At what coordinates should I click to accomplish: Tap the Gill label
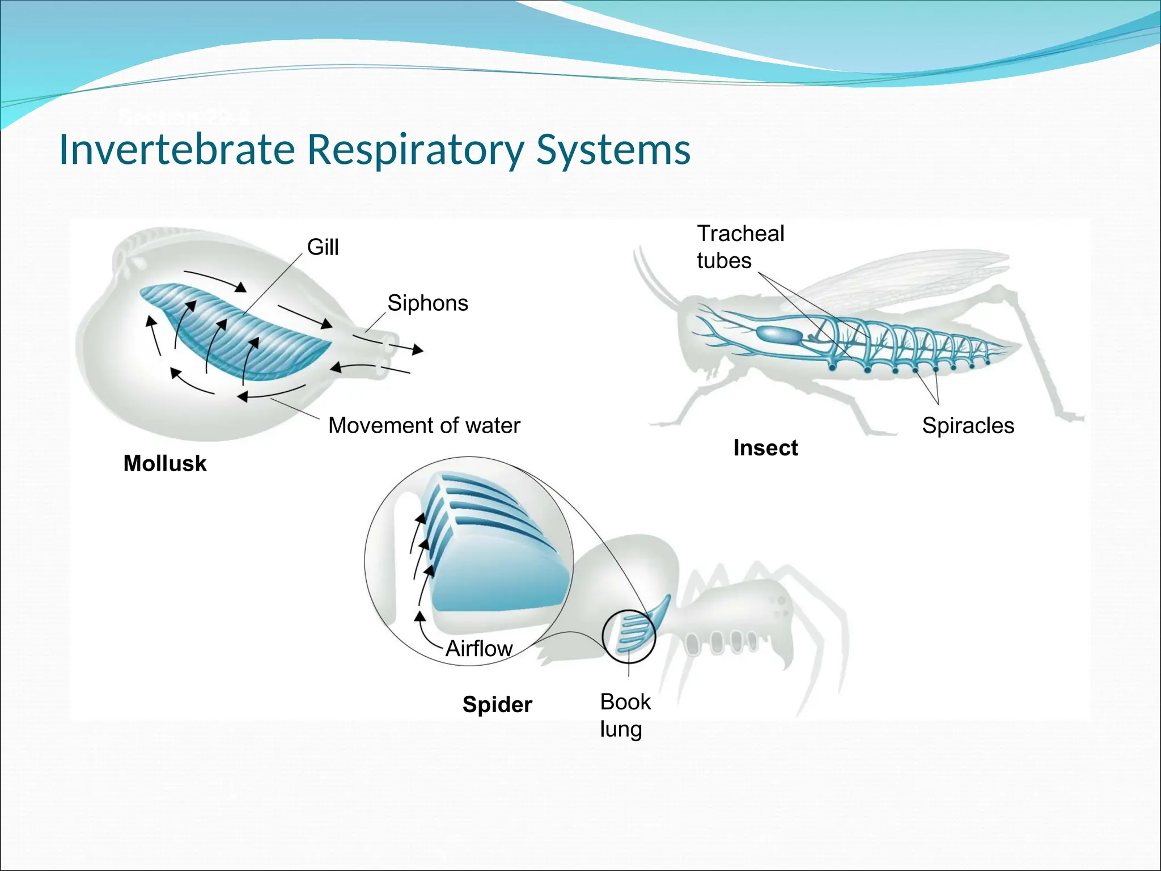[323, 247]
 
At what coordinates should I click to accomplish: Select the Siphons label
[427, 303]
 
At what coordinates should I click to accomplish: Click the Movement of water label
[424, 425]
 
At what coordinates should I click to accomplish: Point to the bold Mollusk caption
[165, 463]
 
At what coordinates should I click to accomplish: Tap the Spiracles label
[968, 425]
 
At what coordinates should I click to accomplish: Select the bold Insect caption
[765, 448]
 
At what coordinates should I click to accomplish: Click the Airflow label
[479, 648]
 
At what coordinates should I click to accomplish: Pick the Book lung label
[625, 715]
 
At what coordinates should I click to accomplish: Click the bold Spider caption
[497, 704]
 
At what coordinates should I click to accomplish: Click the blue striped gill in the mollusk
[238, 335]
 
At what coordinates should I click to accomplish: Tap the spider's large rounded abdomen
[624, 573]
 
